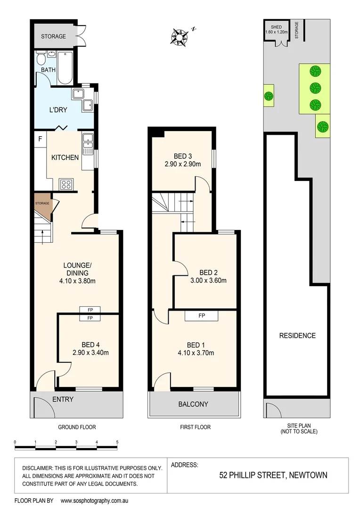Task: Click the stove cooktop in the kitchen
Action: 65,184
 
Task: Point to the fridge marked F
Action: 40,139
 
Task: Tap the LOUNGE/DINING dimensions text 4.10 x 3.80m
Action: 77,282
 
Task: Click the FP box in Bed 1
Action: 201,315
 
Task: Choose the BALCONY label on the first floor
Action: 193,404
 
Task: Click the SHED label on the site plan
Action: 276,27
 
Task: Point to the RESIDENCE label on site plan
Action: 297,336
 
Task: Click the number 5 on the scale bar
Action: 117,442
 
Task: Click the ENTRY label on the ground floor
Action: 63,399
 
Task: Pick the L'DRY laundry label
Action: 58,110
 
